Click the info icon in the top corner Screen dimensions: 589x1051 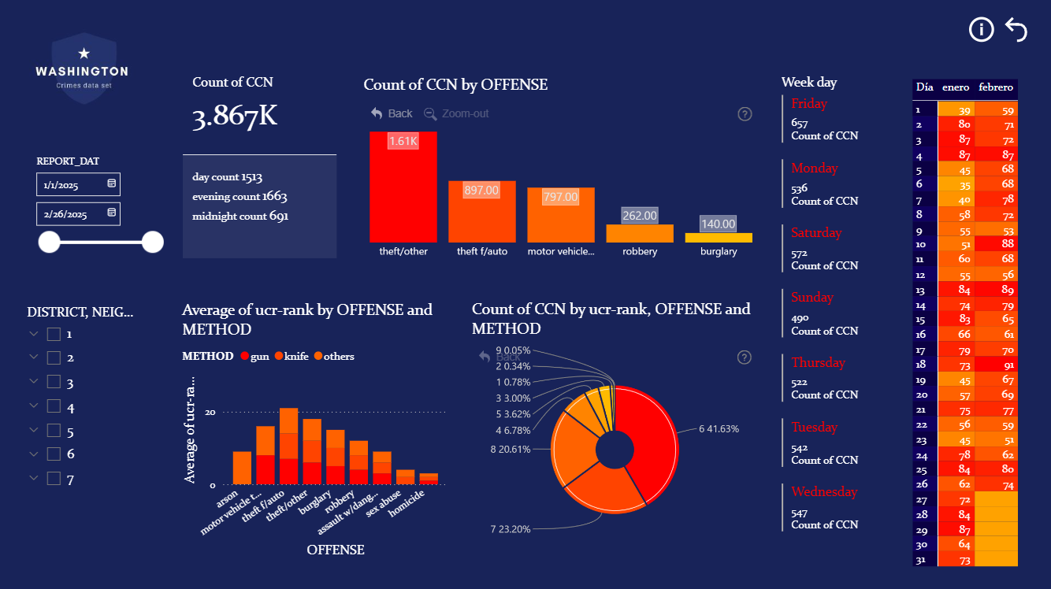click(981, 30)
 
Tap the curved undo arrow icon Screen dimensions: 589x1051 click(1016, 30)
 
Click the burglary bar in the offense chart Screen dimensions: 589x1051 click(718, 237)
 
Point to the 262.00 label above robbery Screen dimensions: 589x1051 click(639, 215)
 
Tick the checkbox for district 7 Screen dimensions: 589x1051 click(54, 478)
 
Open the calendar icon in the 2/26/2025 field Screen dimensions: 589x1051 click(111, 213)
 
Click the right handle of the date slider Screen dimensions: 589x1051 click(152, 243)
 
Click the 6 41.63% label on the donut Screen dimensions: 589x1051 click(719, 429)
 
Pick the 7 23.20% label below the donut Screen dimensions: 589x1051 click(511, 529)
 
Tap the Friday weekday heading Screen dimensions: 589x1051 click(809, 104)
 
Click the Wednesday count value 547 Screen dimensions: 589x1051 click(799, 513)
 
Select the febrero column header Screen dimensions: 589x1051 click(995, 87)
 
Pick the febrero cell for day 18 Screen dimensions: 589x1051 click(996, 365)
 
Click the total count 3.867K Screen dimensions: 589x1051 click(235, 117)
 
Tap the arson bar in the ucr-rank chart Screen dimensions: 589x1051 click(242, 468)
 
